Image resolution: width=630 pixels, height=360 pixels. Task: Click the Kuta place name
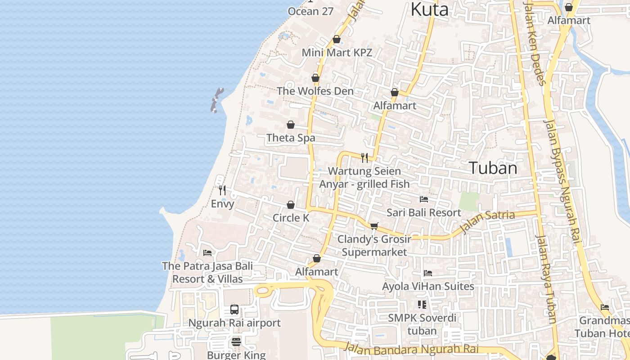click(x=430, y=9)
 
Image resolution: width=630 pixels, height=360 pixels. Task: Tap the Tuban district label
click(x=493, y=168)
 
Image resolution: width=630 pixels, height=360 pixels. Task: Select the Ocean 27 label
click(x=310, y=11)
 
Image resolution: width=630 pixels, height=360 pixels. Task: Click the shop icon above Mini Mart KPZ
click(x=336, y=40)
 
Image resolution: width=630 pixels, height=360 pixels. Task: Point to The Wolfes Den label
click(x=315, y=91)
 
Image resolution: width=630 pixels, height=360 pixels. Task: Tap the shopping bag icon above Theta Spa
click(x=291, y=125)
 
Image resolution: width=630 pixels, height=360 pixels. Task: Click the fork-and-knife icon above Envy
click(x=222, y=190)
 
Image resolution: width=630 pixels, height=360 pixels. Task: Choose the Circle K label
click(x=291, y=218)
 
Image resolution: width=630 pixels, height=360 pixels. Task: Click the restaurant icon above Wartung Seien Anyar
click(x=364, y=157)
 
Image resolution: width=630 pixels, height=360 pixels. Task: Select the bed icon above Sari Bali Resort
click(x=423, y=199)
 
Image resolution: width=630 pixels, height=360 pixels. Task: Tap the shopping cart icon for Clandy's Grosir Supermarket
click(x=374, y=226)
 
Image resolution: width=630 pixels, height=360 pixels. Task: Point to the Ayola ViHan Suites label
click(x=428, y=286)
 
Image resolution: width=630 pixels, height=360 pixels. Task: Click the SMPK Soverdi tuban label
click(x=422, y=324)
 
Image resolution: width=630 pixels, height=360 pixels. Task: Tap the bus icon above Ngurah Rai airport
click(x=234, y=310)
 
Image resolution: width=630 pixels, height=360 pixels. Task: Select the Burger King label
click(x=236, y=355)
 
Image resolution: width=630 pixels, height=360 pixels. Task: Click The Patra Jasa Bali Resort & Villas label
click(x=207, y=272)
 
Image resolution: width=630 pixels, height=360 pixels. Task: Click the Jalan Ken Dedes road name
click(x=536, y=43)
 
